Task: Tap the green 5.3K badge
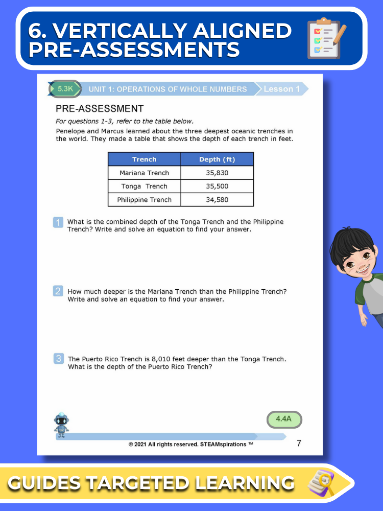click(x=65, y=89)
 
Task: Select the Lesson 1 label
click(x=281, y=89)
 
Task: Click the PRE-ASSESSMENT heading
click(x=100, y=108)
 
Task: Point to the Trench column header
click(x=144, y=159)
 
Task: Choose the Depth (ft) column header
click(x=217, y=159)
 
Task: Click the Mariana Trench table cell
click(x=144, y=173)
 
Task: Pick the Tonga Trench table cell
click(x=144, y=186)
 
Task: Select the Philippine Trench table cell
click(x=144, y=200)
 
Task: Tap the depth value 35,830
click(x=217, y=173)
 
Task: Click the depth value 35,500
click(x=217, y=186)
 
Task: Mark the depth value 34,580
click(x=217, y=200)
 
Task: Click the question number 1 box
click(x=58, y=222)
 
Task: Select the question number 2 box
click(x=58, y=291)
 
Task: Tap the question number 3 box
click(x=58, y=359)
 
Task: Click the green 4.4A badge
click(x=284, y=419)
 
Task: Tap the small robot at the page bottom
click(x=62, y=425)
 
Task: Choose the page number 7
click(x=299, y=443)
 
